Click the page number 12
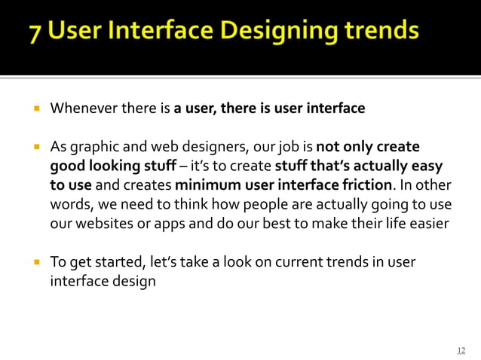[x=461, y=349]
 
